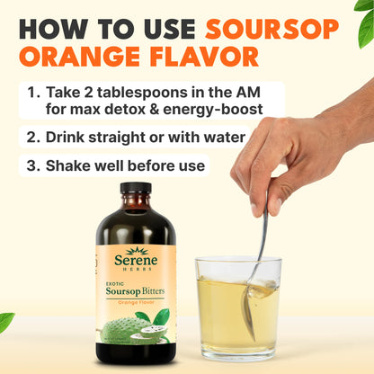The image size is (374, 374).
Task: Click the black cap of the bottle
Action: tap(136, 188)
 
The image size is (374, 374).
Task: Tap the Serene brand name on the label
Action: tap(136, 263)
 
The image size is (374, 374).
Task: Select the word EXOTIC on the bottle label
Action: tap(111, 282)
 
